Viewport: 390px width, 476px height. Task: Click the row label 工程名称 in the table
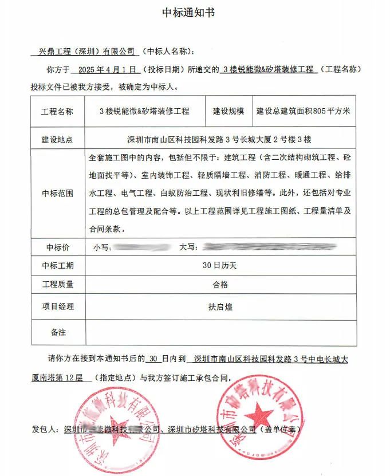coord(57,112)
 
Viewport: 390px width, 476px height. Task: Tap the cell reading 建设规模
coord(229,112)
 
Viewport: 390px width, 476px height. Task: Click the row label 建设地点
coord(57,139)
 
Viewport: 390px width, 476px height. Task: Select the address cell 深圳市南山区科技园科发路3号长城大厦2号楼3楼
coord(219,139)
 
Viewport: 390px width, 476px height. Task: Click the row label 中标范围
coord(57,193)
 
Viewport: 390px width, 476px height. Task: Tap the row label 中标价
coord(57,247)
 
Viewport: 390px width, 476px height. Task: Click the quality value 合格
coord(219,284)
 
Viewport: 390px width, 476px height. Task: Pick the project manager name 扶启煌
coord(219,306)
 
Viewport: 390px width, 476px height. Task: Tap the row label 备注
coord(57,332)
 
